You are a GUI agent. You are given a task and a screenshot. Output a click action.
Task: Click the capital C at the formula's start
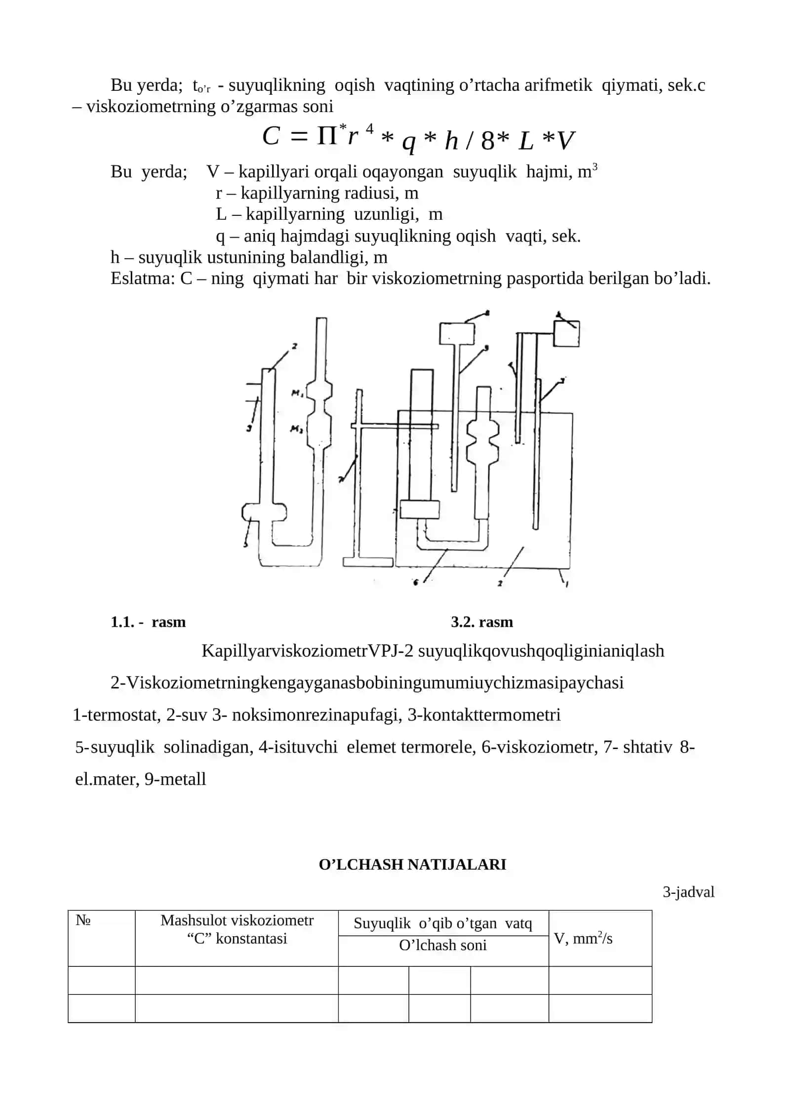click(272, 136)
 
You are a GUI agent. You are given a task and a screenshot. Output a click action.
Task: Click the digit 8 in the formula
click(487, 141)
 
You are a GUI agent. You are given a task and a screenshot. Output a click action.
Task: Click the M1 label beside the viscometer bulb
click(297, 394)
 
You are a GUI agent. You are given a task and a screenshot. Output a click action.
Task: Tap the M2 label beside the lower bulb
click(296, 430)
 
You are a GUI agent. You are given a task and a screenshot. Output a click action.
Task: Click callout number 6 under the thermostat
click(415, 583)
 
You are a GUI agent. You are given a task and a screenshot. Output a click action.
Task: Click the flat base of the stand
click(368, 562)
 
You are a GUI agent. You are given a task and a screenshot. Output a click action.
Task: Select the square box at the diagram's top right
click(566, 334)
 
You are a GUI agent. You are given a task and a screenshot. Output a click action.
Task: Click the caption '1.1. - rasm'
click(148, 622)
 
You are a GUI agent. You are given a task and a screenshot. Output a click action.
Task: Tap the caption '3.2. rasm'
click(482, 622)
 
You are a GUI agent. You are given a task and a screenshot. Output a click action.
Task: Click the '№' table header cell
click(101, 938)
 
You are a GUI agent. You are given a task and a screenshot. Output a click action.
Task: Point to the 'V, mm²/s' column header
click(583, 938)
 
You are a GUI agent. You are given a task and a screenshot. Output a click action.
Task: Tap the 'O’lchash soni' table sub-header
click(443, 945)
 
